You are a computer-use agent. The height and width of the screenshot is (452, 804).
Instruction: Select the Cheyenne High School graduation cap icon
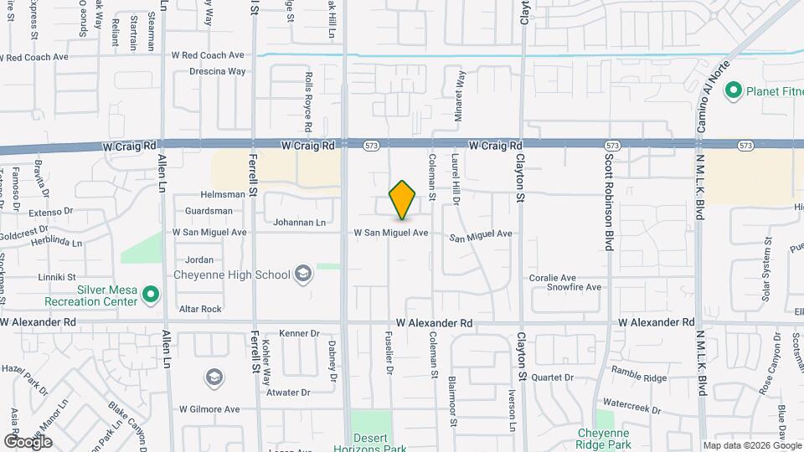click(x=302, y=275)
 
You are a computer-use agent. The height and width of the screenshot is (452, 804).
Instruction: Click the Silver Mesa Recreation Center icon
click(x=151, y=294)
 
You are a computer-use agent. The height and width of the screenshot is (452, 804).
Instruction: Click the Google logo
click(x=28, y=441)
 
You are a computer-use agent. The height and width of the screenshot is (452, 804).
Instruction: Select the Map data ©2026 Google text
click(x=751, y=445)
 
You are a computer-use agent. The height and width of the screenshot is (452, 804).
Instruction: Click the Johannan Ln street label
click(x=299, y=223)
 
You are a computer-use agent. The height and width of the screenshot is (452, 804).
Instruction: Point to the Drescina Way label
click(x=209, y=71)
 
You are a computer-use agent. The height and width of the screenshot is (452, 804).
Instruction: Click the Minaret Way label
click(x=460, y=98)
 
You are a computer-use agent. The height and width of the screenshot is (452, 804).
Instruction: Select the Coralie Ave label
click(x=552, y=278)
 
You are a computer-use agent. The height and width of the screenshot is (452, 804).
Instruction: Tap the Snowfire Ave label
click(x=575, y=287)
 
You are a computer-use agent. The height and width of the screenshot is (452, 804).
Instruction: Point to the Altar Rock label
click(x=200, y=309)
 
